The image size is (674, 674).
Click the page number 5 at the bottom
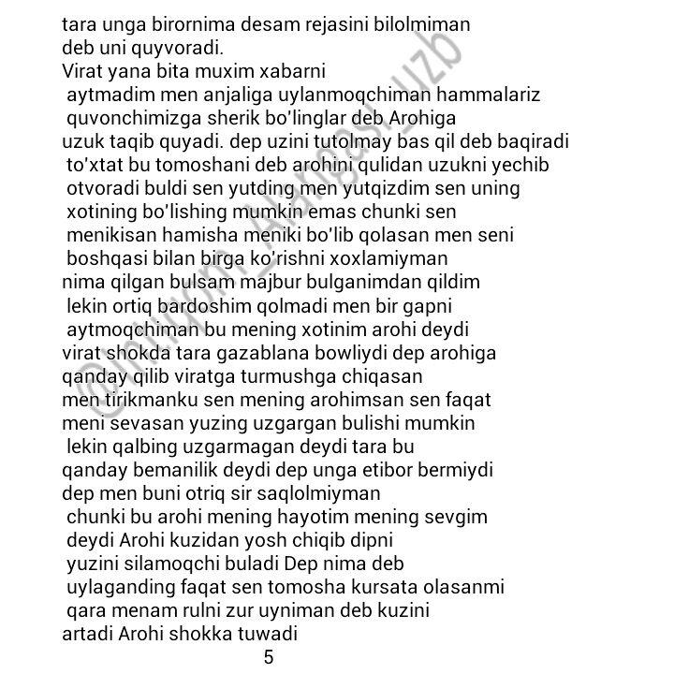coord(269,657)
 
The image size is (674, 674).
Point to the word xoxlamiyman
coord(397,258)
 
